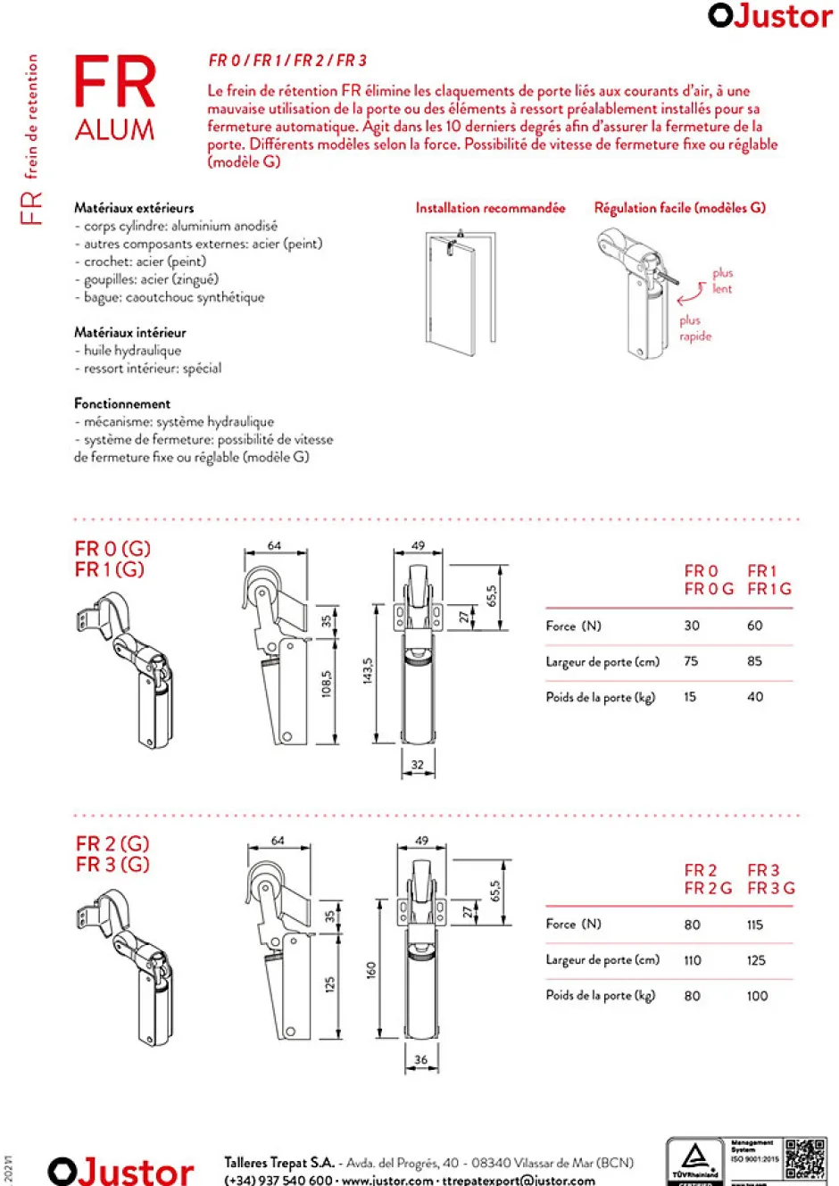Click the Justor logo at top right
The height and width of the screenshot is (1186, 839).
point(769,16)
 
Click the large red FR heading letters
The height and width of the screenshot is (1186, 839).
point(114,82)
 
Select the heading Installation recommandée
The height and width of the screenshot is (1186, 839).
point(490,208)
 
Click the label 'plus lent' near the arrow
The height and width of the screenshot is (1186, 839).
point(721,281)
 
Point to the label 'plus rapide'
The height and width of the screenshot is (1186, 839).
point(694,328)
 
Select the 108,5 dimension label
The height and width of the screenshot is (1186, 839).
point(327,683)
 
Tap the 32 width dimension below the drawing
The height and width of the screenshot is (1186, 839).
point(418,764)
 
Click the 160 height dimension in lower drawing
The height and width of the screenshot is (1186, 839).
point(371,969)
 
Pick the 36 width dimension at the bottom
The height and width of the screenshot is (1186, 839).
point(420,1060)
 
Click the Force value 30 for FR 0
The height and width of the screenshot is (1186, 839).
point(692,626)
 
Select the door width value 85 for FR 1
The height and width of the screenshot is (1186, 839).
point(755,661)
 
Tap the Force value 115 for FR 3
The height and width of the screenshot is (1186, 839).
point(755,925)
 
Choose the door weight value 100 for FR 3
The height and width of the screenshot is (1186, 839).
point(757,996)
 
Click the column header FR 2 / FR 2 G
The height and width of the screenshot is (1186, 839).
point(708,879)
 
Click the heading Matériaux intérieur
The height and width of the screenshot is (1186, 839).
point(130,332)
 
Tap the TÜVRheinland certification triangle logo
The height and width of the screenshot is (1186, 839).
point(694,1158)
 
